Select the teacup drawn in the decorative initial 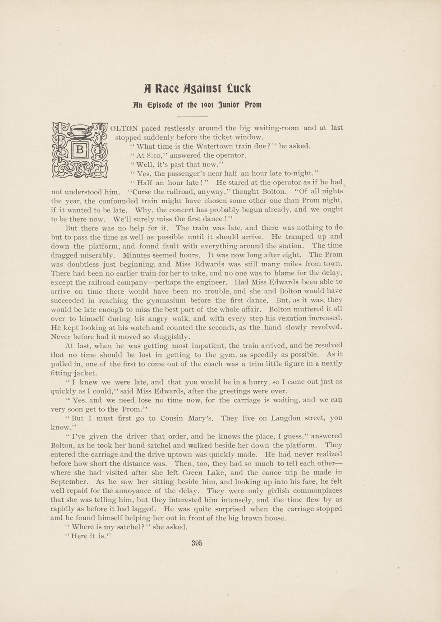point(80,131)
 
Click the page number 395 point(197,543)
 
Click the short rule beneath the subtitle point(196,117)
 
